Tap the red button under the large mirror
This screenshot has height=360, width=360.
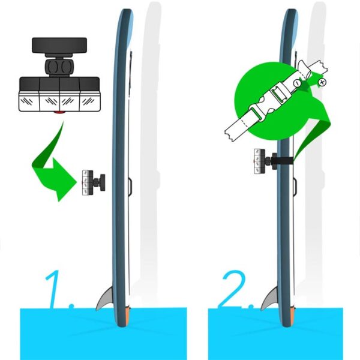click(x=59, y=113)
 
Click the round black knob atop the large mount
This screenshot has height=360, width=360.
click(x=59, y=46)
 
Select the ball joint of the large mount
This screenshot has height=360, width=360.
click(x=59, y=67)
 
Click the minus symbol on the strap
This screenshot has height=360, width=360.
click(x=298, y=83)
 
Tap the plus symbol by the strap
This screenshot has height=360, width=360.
click(x=322, y=82)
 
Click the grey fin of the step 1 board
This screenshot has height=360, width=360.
click(x=105, y=299)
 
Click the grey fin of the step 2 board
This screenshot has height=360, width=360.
click(x=270, y=299)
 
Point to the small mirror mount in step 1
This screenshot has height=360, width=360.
click(x=94, y=183)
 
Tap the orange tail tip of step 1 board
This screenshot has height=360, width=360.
click(x=128, y=315)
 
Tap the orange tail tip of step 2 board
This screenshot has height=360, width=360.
click(x=293, y=315)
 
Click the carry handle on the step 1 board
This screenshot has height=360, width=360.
click(x=130, y=187)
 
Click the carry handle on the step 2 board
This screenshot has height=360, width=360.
click(x=295, y=187)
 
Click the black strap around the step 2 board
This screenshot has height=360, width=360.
click(x=284, y=161)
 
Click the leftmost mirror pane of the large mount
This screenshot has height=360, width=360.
click(x=29, y=101)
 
